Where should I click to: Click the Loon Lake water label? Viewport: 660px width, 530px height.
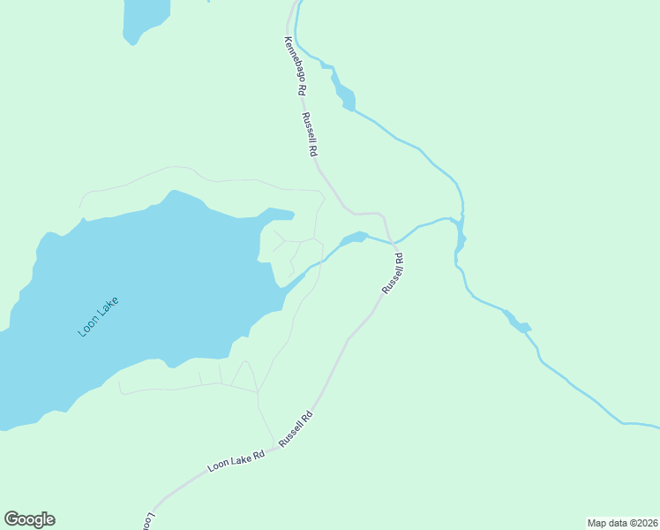[98, 316]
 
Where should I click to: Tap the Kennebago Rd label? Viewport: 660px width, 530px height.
[295, 66]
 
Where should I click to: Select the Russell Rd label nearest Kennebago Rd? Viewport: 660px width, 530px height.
[309, 134]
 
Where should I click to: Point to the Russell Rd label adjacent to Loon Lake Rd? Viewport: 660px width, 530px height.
[296, 428]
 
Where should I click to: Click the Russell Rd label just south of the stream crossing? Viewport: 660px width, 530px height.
[393, 274]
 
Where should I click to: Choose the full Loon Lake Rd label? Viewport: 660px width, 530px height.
[236, 461]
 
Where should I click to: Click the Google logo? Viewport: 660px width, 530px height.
[29, 519]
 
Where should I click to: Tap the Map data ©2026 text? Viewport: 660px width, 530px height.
[622, 523]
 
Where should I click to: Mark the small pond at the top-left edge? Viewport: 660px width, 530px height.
[145, 18]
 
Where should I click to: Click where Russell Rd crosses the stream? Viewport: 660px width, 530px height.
[391, 241]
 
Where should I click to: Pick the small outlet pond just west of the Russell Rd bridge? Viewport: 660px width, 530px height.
[354, 238]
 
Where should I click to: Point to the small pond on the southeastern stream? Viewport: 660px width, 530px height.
[519, 324]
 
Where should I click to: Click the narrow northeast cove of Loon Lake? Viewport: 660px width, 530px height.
[279, 215]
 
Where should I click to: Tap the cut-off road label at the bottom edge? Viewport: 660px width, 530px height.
[147, 521]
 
